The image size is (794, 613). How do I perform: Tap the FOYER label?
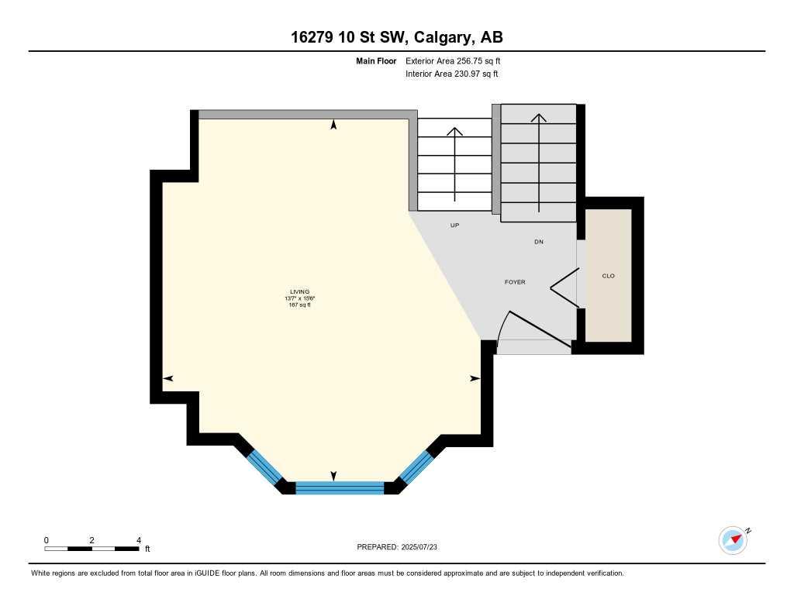pyautogui.click(x=515, y=282)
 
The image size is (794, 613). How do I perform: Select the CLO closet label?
pyautogui.click(x=609, y=276)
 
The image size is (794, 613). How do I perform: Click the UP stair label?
pyautogui.click(x=455, y=226)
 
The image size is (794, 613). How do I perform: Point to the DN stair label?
pyautogui.click(x=539, y=242)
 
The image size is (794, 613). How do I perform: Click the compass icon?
pyautogui.click(x=733, y=540)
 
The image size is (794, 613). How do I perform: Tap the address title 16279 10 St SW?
pyautogui.click(x=396, y=37)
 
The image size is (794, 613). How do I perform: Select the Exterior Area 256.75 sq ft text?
pyautogui.click(x=457, y=60)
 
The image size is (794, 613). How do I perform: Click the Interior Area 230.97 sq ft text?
pyautogui.click(x=451, y=74)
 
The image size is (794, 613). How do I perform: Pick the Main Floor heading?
pyautogui.click(x=376, y=60)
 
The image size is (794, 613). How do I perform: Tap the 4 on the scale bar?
pyautogui.click(x=139, y=540)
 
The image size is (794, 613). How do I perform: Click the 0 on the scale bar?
pyautogui.click(x=47, y=540)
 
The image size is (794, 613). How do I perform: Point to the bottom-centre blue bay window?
pyautogui.click(x=340, y=487)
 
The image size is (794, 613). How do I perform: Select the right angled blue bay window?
pyautogui.click(x=416, y=467)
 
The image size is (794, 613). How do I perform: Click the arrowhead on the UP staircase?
pyautogui.click(x=455, y=130)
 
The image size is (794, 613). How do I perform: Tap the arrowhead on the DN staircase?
pyautogui.click(x=539, y=118)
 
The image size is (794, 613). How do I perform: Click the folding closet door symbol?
pyautogui.click(x=564, y=288)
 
